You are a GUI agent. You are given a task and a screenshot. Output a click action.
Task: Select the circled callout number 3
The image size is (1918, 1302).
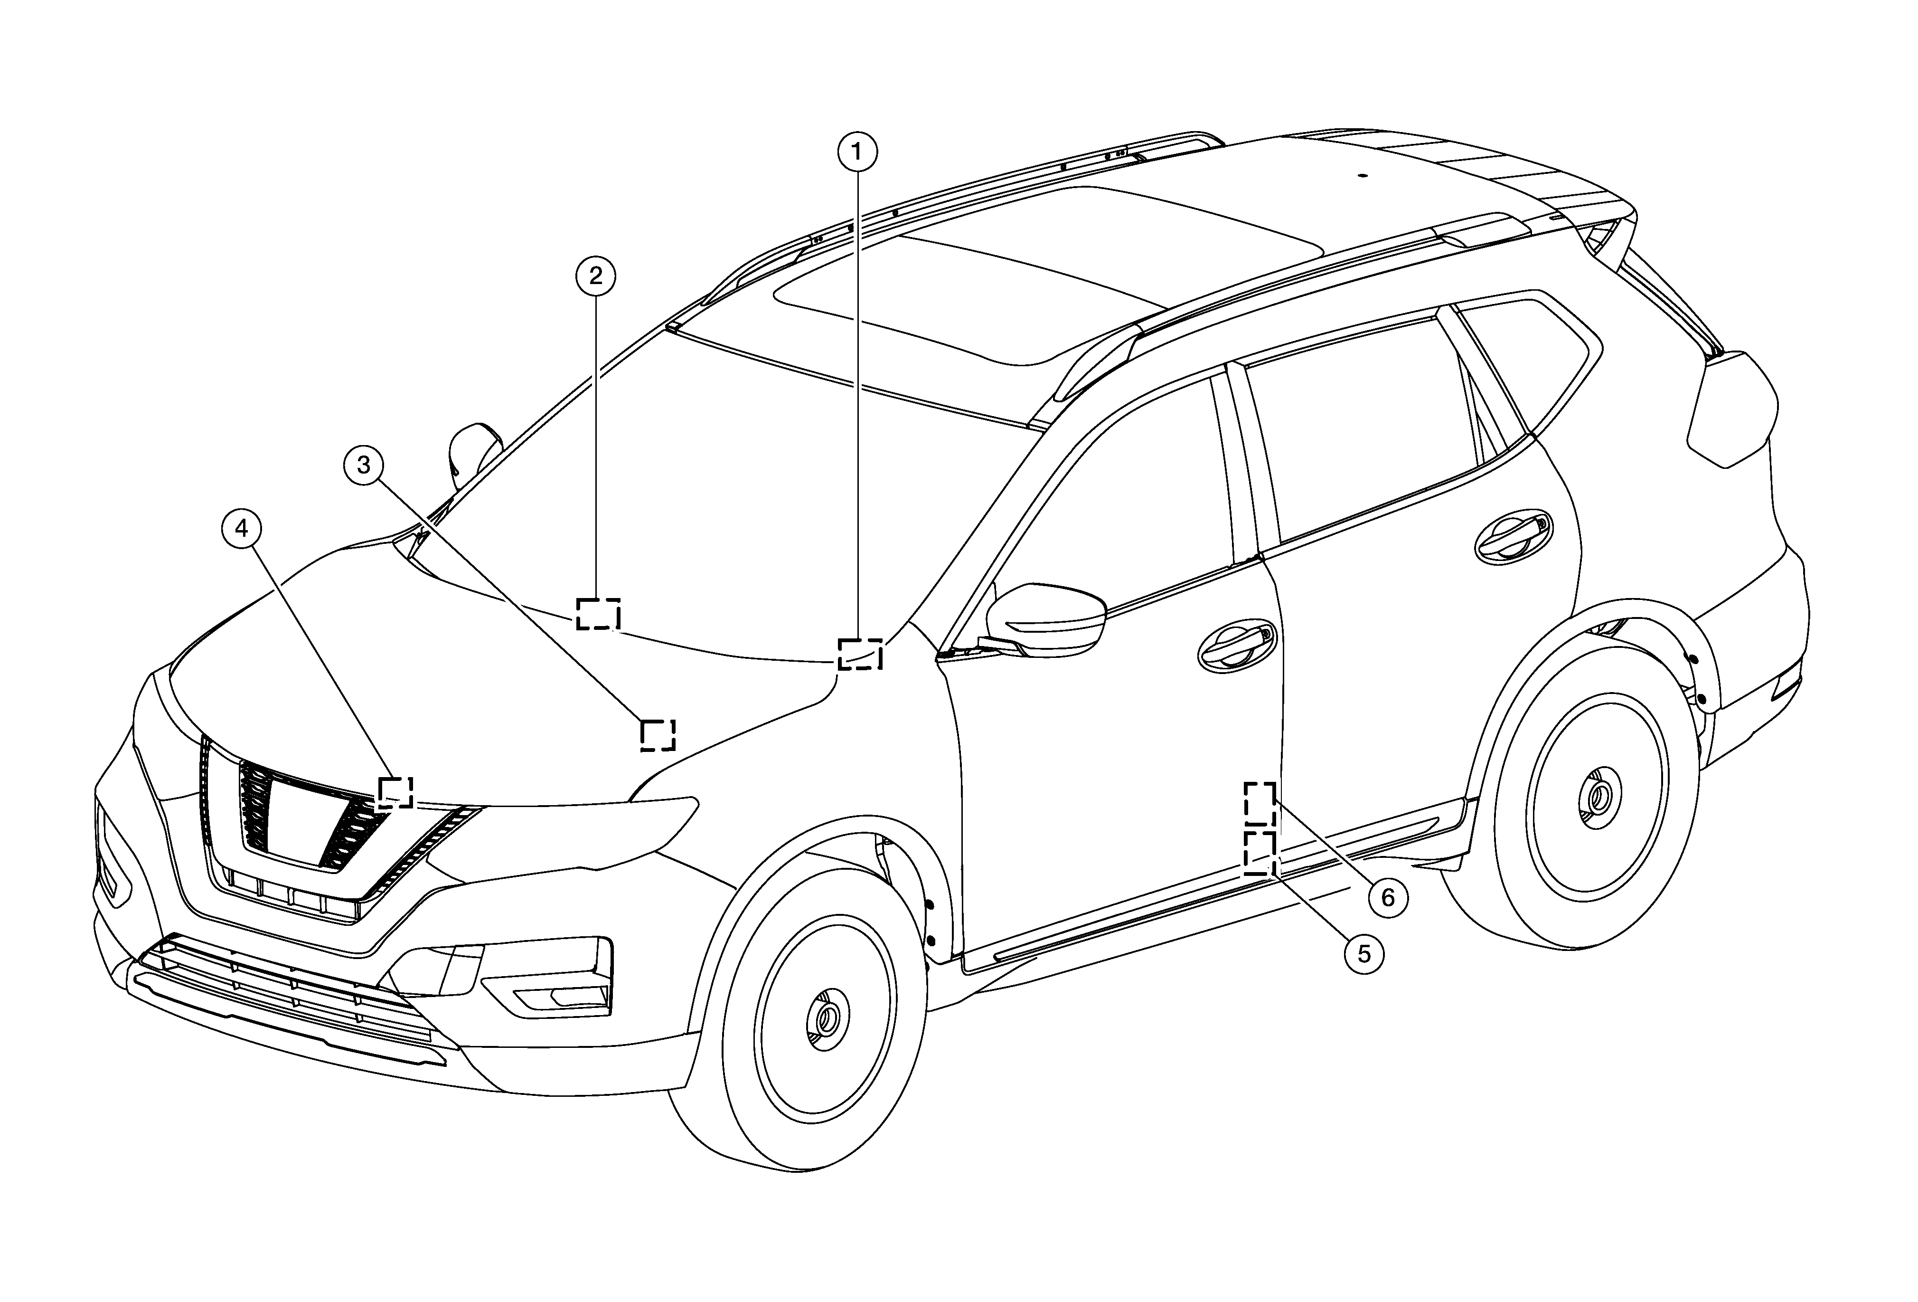pos(364,465)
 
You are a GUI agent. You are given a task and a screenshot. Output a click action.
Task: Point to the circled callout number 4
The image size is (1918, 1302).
pos(241,528)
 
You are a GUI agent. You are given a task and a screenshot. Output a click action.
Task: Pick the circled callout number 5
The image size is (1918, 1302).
pos(1364,954)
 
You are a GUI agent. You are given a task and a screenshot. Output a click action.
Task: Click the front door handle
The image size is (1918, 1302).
pos(1235,645)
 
